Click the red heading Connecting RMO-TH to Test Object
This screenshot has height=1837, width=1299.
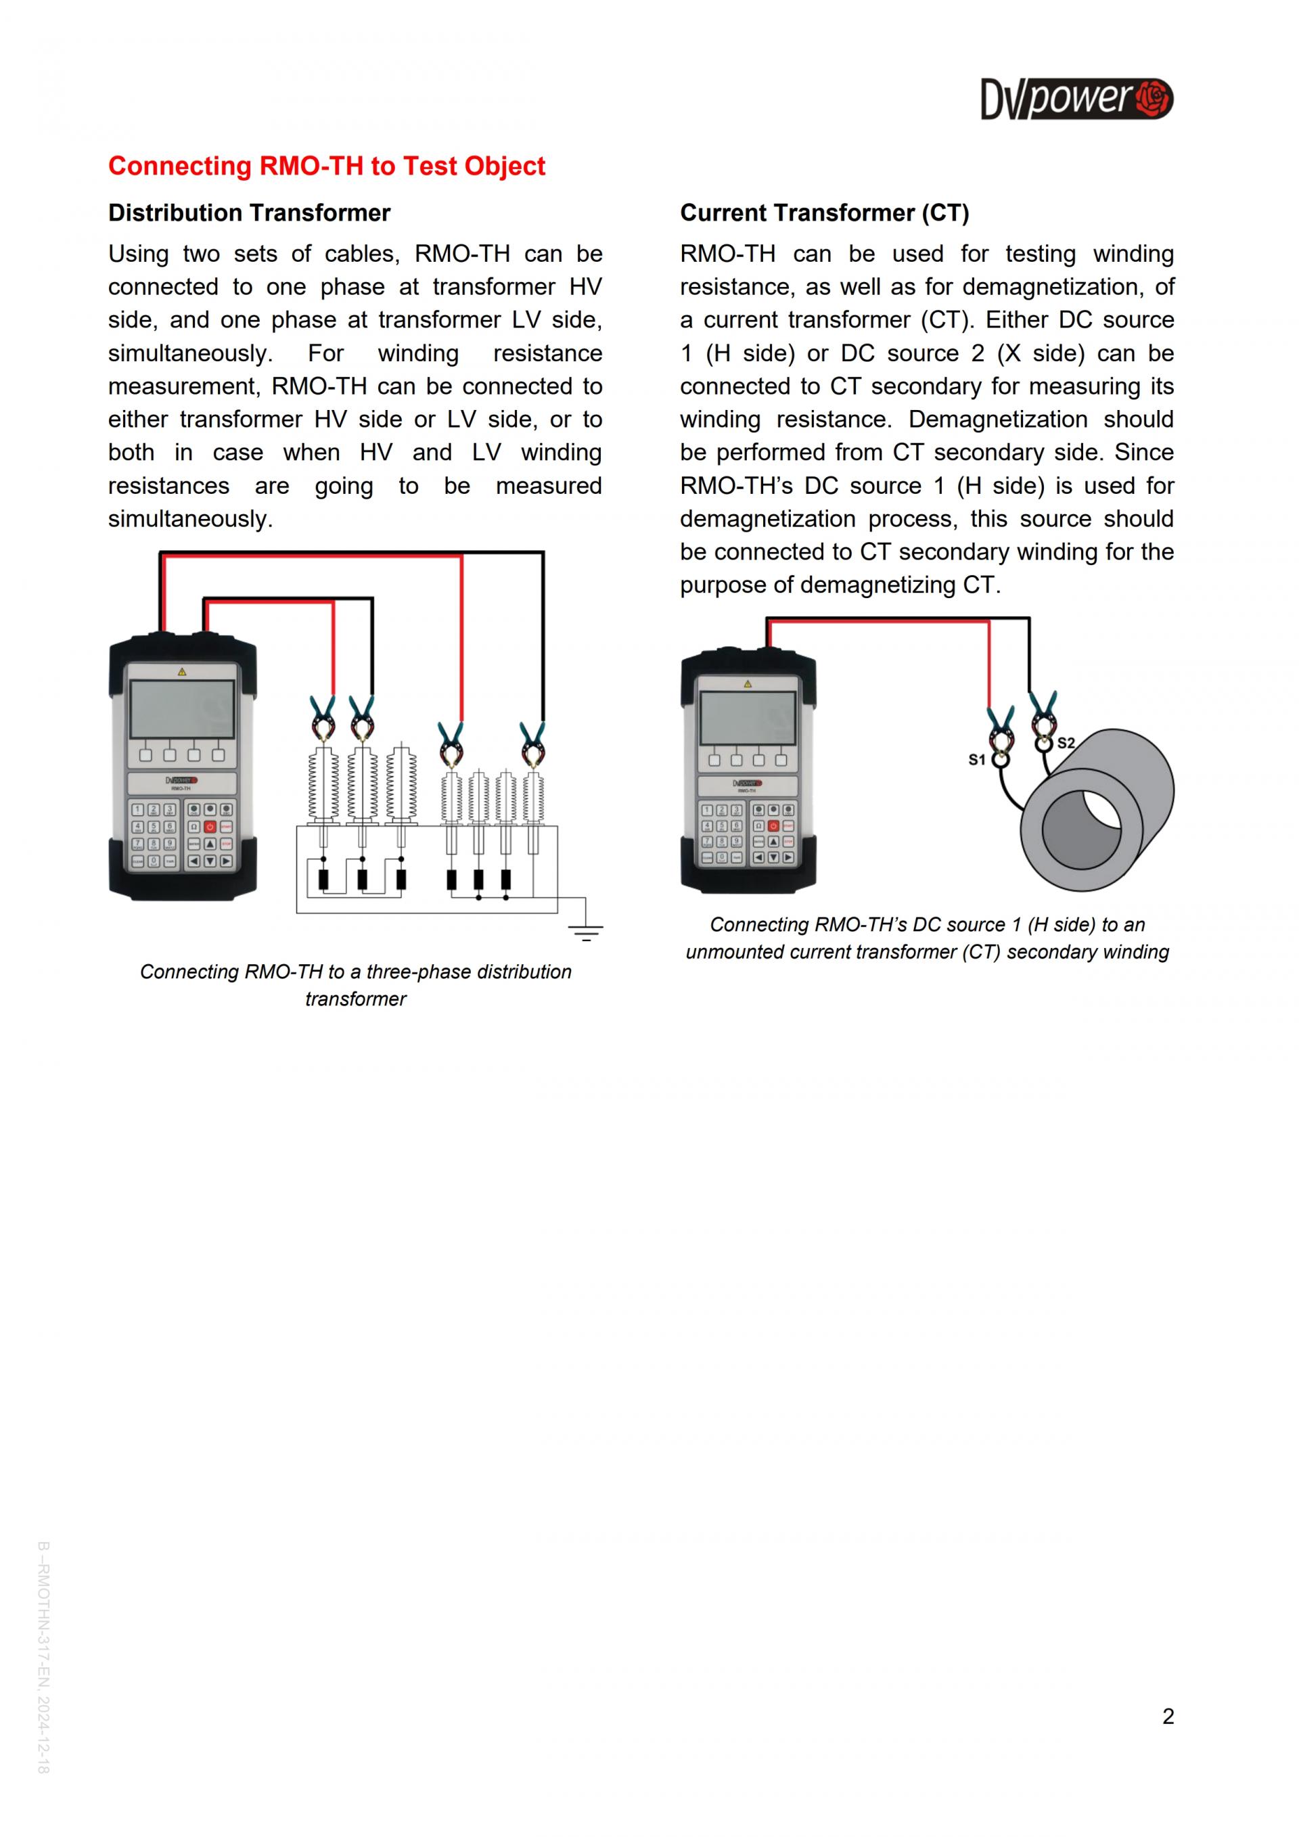tap(326, 166)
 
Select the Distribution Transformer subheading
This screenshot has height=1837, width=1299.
tap(249, 213)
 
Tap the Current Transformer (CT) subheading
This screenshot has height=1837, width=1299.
tap(824, 213)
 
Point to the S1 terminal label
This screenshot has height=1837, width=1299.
tap(977, 759)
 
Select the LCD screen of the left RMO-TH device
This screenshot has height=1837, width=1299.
tap(183, 710)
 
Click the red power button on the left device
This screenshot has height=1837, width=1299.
tap(210, 827)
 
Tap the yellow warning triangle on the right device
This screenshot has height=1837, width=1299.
tap(748, 684)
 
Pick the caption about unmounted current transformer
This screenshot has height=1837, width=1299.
tap(927, 938)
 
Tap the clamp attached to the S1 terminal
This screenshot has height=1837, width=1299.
tap(1000, 728)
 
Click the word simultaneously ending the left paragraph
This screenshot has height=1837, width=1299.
tap(189, 518)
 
